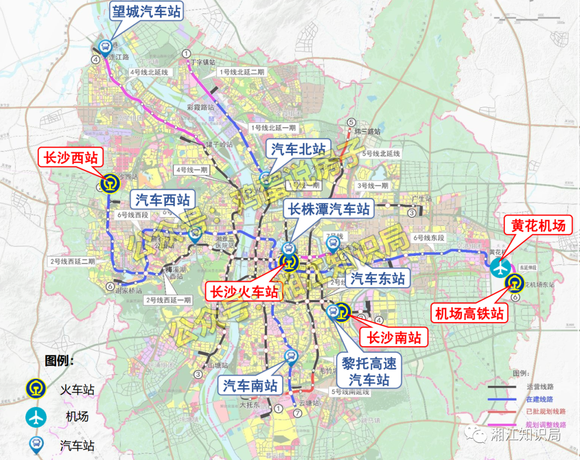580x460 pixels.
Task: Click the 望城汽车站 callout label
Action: pyautogui.click(x=147, y=11)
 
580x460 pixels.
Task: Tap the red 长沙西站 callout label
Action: pyautogui.click(x=71, y=157)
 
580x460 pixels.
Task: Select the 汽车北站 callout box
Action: pyautogui.click(x=298, y=149)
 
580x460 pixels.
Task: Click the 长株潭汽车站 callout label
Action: pyautogui.click(x=329, y=209)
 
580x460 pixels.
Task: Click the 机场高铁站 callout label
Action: pyautogui.click(x=470, y=313)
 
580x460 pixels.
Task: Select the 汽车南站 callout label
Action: pyautogui.click(x=250, y=385)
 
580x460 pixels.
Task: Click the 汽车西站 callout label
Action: pyautogui.click(x=163, y=201)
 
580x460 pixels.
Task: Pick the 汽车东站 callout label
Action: pyautogui.click(x=378, y=278)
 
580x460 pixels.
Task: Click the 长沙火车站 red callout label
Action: pyautogui.click(x=244, y=292)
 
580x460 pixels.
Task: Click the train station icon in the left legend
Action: pyautogui.click(x=36, y=389)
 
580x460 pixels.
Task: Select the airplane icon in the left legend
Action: pyautogui.click(x=36, y=416)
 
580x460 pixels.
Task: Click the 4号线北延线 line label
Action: pyautogui.click(x=149, y=72)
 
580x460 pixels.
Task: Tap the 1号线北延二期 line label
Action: pyautogui.click(x=242, y=72)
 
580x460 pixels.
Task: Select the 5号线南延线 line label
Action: pyautogui.click(x=351, y=392)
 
